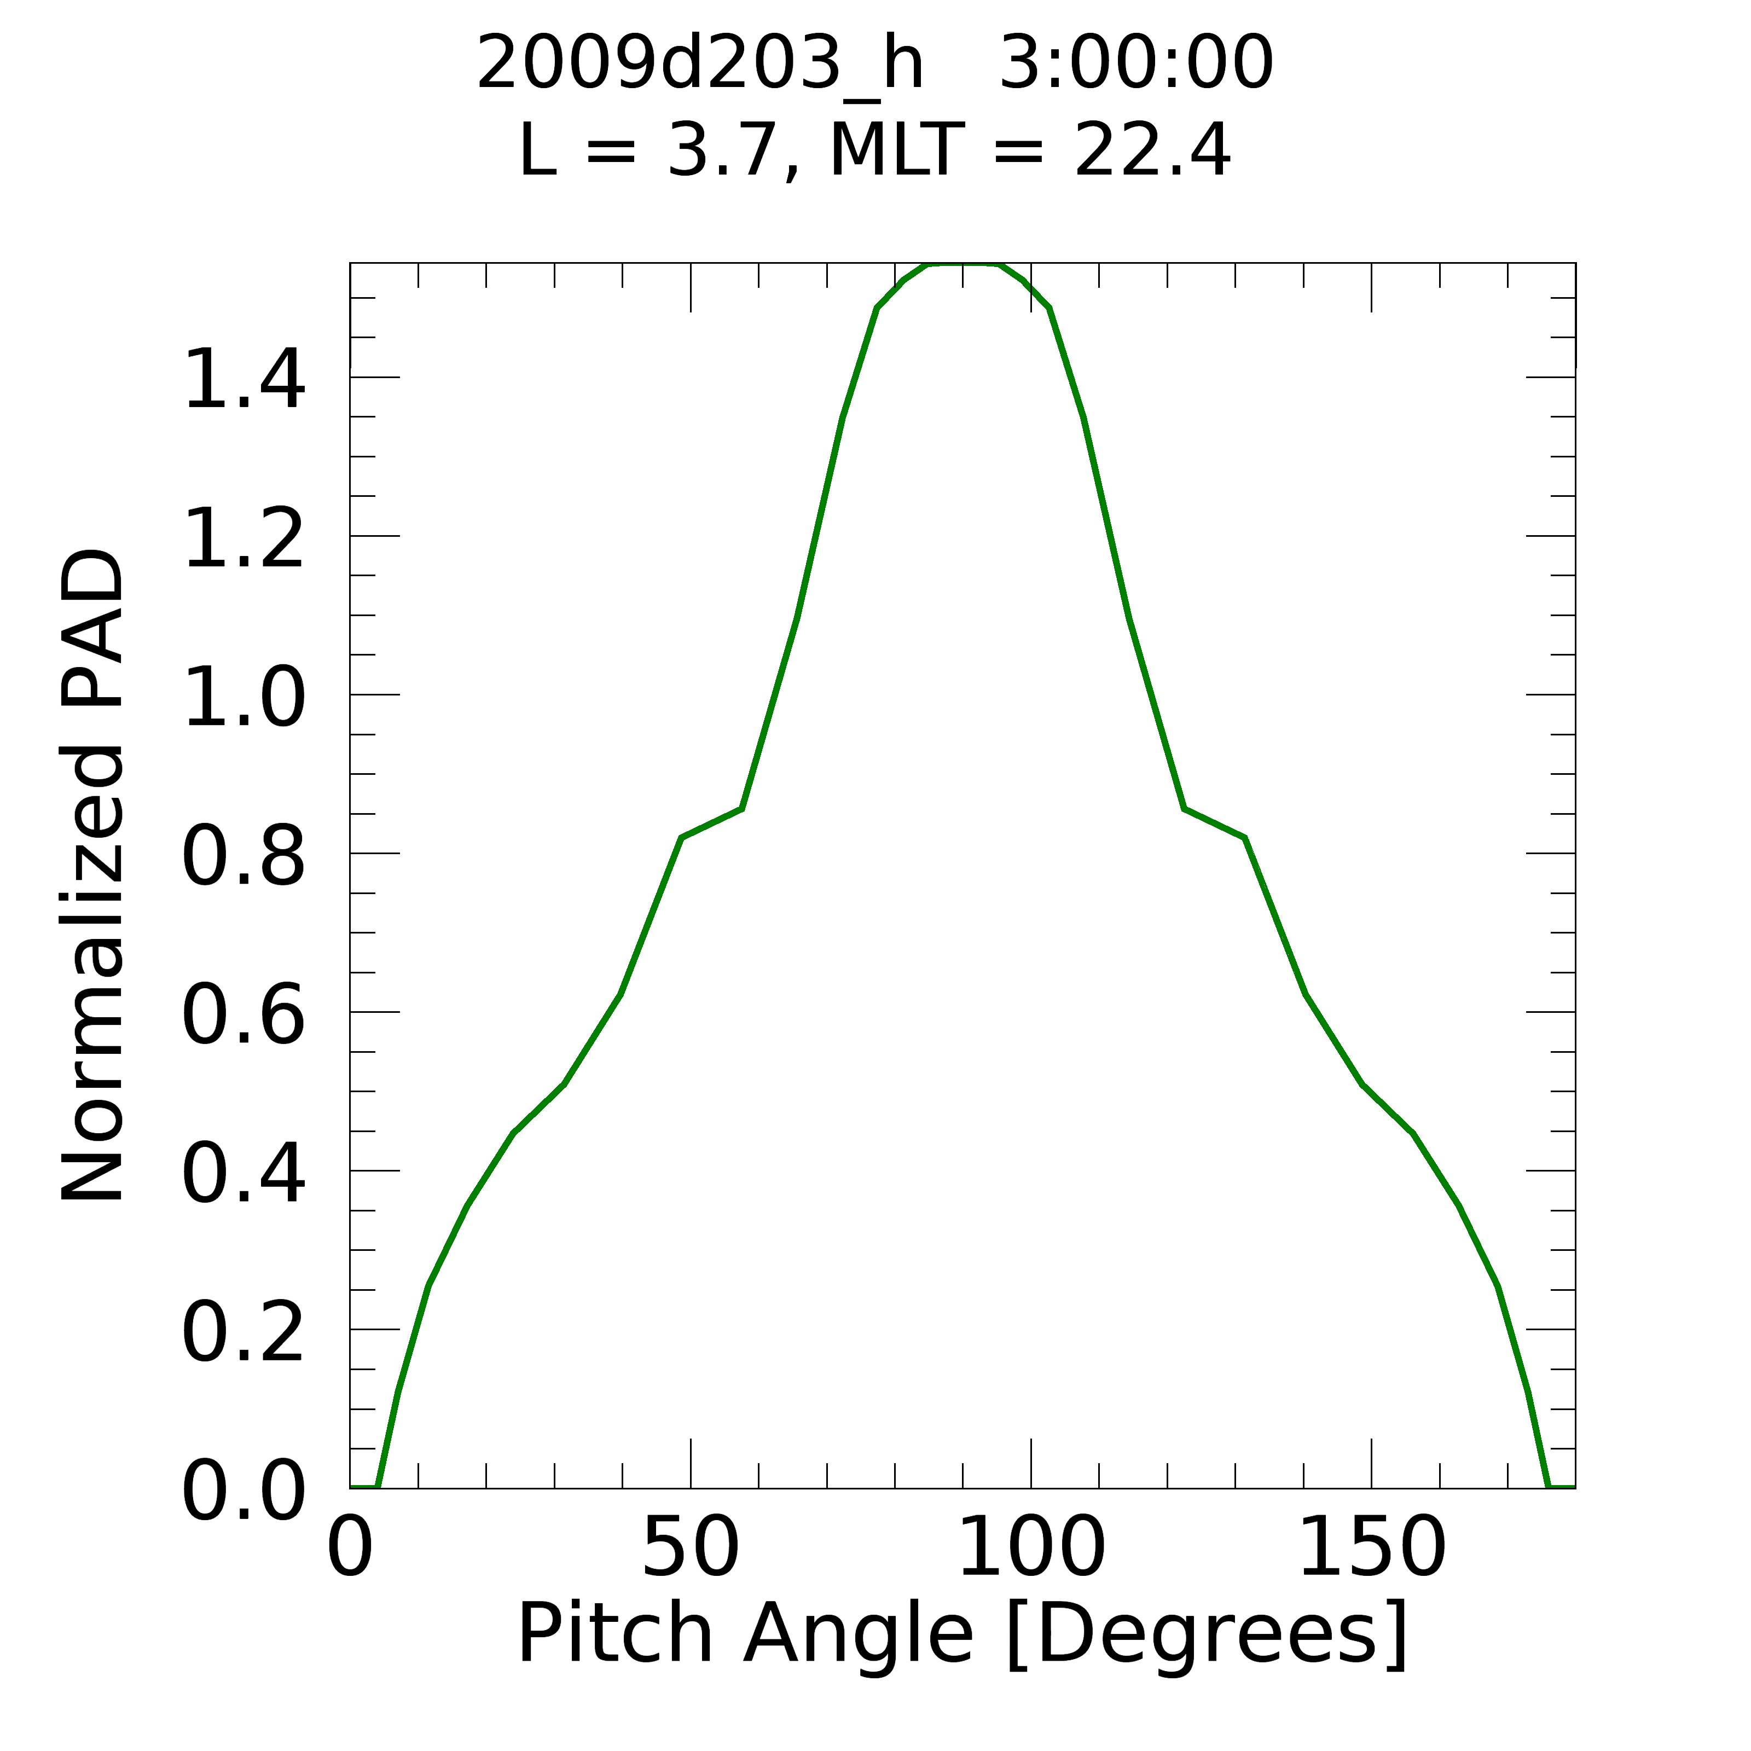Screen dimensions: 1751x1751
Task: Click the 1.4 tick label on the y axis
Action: [x=243, y=381]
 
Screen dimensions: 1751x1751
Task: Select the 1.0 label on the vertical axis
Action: [x=243, y=700]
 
